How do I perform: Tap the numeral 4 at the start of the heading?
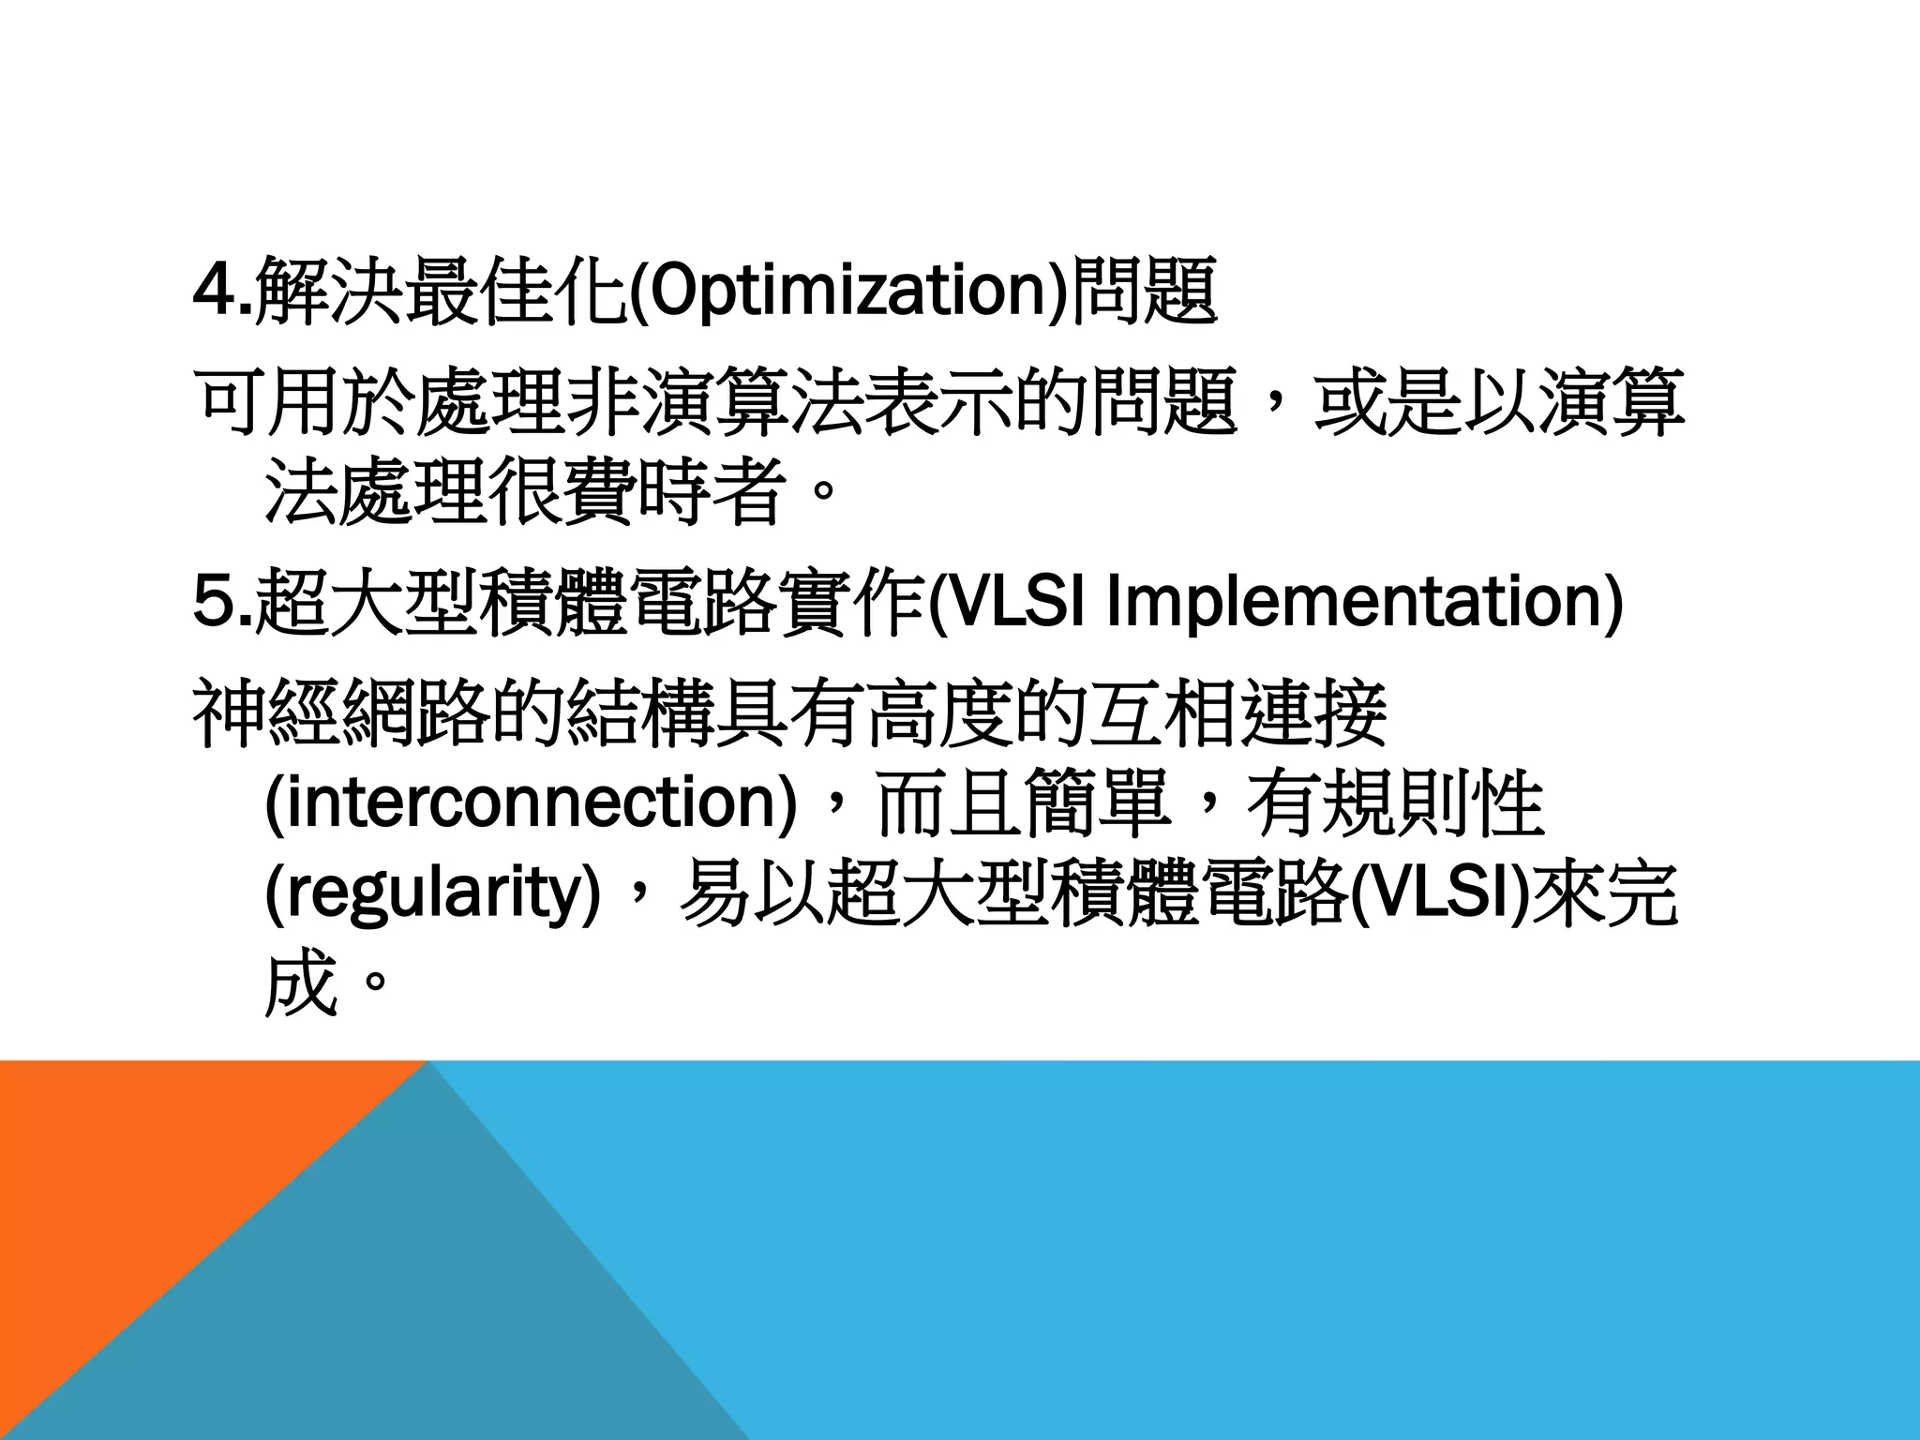211,290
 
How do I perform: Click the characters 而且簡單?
1022,803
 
